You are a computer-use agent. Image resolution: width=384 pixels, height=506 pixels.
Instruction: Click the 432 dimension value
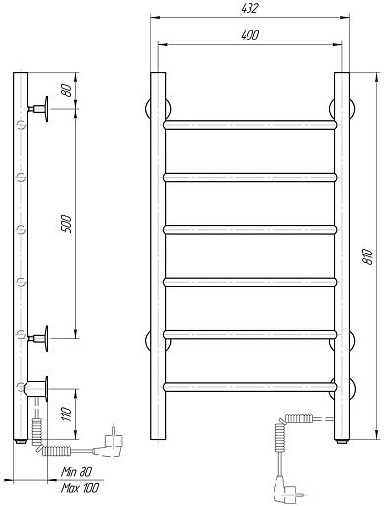point(249,9)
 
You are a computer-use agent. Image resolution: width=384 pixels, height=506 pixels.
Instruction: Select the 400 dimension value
point(249,35)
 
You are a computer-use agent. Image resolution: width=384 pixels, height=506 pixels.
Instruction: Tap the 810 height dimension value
point(368,256)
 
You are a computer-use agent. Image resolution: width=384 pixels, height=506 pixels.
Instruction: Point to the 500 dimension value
point(66,224)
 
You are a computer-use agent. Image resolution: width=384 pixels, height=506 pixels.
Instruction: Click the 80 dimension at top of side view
point(66,90)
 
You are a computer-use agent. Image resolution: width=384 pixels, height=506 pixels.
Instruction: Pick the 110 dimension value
point(66,414)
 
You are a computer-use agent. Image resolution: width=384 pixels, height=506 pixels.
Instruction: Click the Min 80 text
point(77,472)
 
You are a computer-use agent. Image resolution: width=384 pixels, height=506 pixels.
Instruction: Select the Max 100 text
point(80,488)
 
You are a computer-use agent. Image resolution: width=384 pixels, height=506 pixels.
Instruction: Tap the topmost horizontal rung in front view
point(249,125)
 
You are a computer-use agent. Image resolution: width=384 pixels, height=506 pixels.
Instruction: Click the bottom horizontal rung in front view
point(249,387)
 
